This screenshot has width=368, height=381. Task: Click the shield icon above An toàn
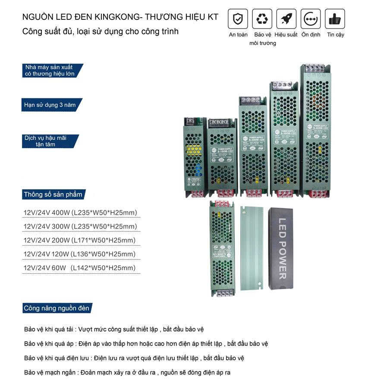(x=238, y=19)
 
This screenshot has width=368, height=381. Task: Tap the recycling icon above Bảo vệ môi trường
(x=262, y=19)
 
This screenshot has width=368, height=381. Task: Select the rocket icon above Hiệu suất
(x=286, y=19)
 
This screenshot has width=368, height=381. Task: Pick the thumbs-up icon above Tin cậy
(x=335, y=19)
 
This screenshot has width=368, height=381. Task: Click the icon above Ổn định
(x=311, y=19)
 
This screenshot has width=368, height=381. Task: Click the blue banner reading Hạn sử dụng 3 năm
(x=51, y=105)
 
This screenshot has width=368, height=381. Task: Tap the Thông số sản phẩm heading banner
(x=53, y=194)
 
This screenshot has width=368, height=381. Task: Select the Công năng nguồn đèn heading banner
(x=57, y=308)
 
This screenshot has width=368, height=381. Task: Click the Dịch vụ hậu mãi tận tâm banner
(x=50, y=141)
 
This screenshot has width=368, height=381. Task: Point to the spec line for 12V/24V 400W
(x=80, y=213)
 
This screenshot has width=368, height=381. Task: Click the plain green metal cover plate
(x=251, y=247)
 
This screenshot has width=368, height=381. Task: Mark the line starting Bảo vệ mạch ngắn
(x=128, y=372)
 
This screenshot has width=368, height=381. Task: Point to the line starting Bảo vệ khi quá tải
(x=114, y=329)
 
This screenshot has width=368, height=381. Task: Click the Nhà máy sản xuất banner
(x=51, y=71)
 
